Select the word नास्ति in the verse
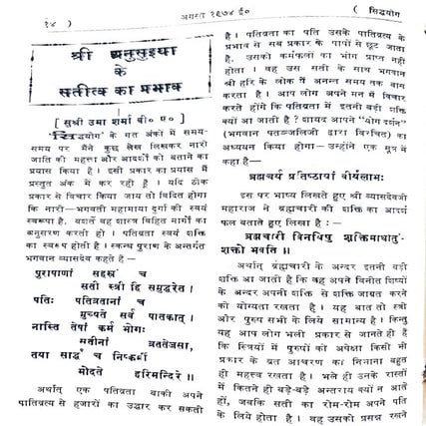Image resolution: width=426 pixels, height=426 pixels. click(x=46, y=338)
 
